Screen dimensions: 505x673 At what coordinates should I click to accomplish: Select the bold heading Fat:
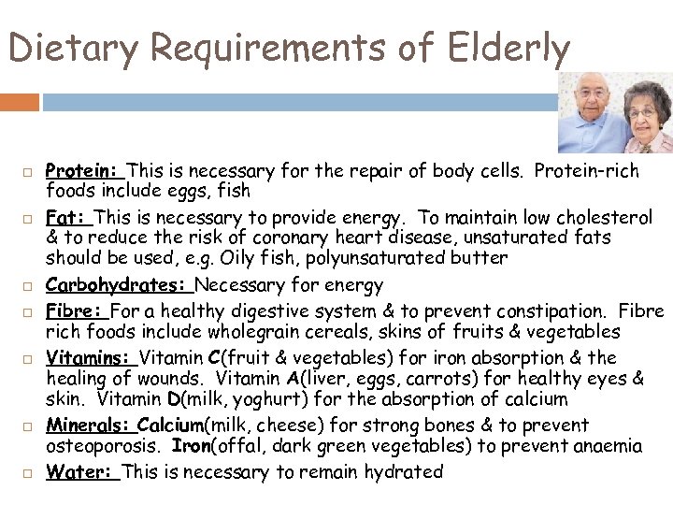click(66, 217)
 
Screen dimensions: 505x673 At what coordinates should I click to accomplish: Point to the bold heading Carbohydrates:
click(119, 285)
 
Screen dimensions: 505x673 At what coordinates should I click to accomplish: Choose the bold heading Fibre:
click(76, 309)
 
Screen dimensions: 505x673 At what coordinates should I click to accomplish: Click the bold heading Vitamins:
click(91, 356)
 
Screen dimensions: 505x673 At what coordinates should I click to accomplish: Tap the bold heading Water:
click(81, 471)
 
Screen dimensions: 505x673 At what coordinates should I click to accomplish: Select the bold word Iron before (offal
click(192, 446)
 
